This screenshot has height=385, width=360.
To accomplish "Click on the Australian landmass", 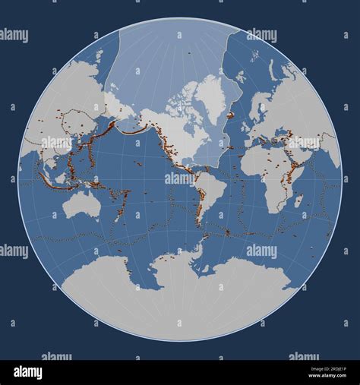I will (x=81, y=204).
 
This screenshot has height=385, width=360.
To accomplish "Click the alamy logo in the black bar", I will (x=28, y=371).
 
